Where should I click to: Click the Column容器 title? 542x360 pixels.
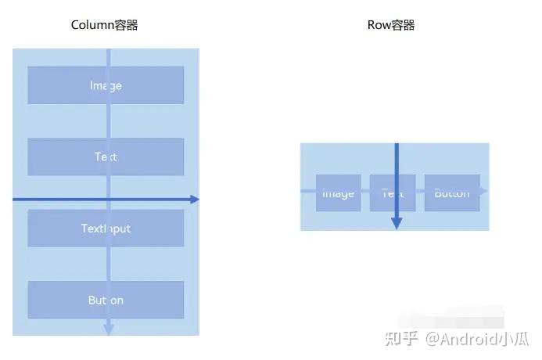pyautogui.click(x=104, y=25)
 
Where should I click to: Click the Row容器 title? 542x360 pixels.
pyautogui.click(x=391, y=25)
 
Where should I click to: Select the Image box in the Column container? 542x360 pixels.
pyautogui.click(x=106, y=85)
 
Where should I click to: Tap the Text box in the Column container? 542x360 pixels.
pyautogui.click(x=106, y=157)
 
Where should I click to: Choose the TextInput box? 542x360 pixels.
pyautogui.click(x=106, y=229)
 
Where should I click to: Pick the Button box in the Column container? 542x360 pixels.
pyautogui.click(x=106, y=300)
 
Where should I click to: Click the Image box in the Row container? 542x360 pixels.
pyautogui.click(x=338, y=193)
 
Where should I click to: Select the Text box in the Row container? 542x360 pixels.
pyautogui.click(x=382, y=193)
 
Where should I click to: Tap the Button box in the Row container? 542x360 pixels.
pyautogui.click(x=452, y=193)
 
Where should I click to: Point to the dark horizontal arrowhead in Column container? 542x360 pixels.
pyautogui.click(x=195, y=200)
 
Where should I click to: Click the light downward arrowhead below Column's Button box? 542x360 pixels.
pyautogui.click(x=109, y=329)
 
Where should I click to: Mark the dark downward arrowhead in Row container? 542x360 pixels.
pyautogui.click(x=397, y=223)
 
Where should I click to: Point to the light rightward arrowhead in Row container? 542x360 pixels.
pyautogui.click(x=483, y=191)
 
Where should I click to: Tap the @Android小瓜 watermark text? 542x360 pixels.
pyautogui.click(x=477, y=339)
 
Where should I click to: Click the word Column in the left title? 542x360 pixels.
pyautogui.click(x=92, y=25)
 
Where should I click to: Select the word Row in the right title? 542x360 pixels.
pyautogui.click(x=378, y=25)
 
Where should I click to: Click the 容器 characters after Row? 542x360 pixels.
pyautogui.click(x=403, y=25)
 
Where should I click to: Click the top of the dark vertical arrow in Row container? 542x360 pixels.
pyautogui.click(x=397, y=146)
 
